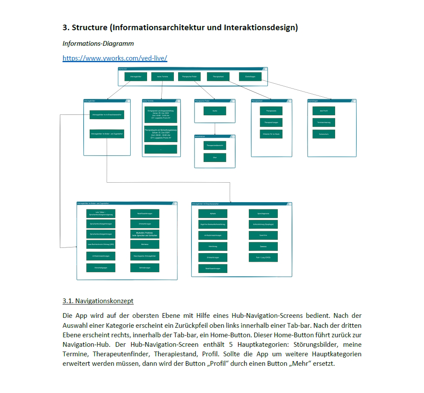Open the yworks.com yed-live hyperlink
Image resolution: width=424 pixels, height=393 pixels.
115,58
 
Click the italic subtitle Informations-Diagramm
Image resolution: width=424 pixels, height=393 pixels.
98,44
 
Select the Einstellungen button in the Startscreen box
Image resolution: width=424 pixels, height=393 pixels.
250,77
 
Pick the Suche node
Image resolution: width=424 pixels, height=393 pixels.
215,111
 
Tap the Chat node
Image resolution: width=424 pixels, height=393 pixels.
215,158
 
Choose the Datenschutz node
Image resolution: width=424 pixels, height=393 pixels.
323,134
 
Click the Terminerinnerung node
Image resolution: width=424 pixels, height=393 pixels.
323,123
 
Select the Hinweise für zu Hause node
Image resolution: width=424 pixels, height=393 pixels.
271,134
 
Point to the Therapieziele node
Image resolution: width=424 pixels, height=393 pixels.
271,111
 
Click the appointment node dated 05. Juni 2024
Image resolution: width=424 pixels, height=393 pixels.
160,115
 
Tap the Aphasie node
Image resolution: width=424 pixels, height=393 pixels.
213,213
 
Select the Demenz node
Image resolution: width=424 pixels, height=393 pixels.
263,247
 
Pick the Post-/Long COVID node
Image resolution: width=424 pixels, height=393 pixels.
263,258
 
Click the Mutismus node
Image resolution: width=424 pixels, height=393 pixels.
144,244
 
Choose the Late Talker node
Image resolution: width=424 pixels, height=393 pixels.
101,213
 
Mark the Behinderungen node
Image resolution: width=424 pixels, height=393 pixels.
144,268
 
